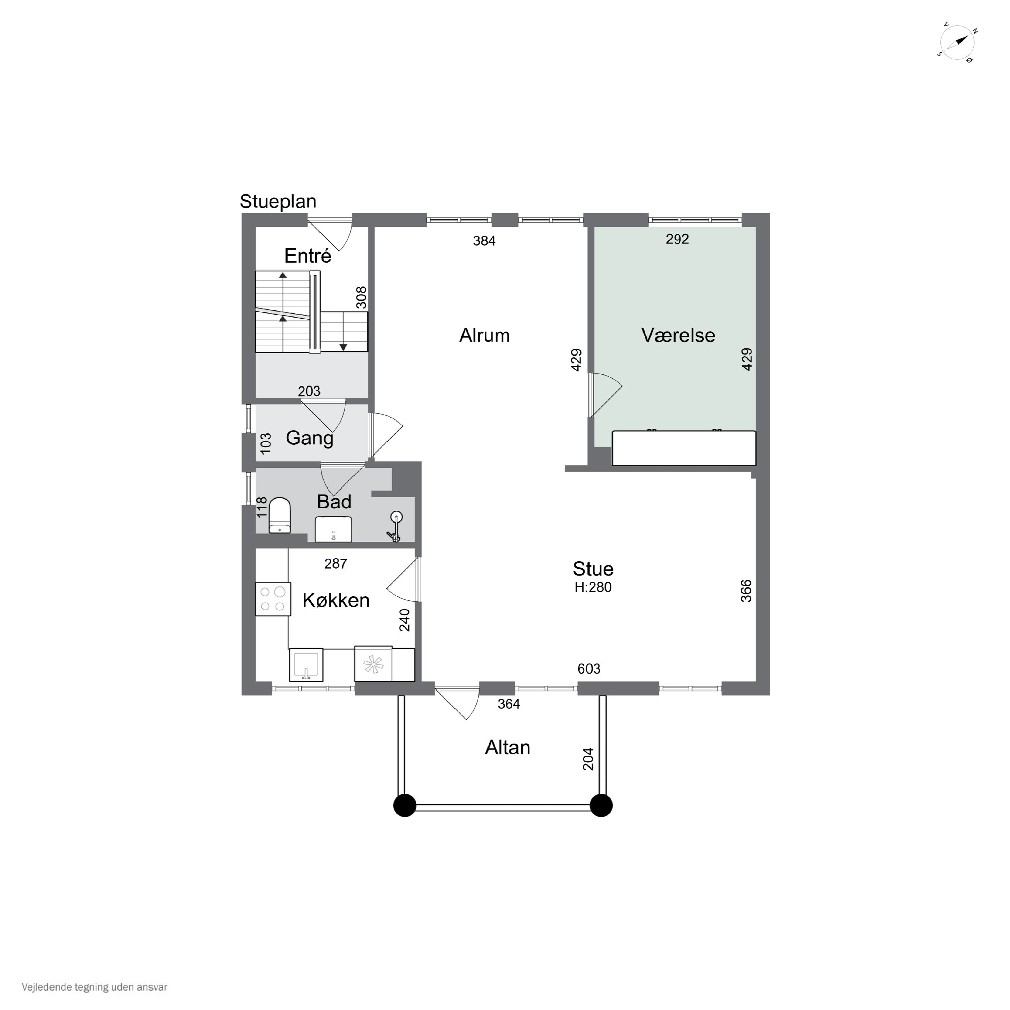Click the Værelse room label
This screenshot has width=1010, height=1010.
pos(678,335)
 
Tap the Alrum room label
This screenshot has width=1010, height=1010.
pos(484,335)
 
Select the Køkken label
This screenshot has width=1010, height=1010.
pos(336,600)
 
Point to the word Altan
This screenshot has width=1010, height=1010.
pos(507,747)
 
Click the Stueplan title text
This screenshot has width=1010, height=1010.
pos(278,202)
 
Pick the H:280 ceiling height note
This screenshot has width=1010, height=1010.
pos(593,587)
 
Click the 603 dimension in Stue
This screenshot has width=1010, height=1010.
pos(588,669)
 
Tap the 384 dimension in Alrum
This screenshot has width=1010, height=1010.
pos(484,241)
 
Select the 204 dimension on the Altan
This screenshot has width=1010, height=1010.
pos(588,760)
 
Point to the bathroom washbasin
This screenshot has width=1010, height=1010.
pos(334,529)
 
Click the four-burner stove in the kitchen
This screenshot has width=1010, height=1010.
pos(273,599)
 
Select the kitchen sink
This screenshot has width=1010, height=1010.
pos(306,665)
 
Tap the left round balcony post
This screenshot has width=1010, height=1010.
pos(405,806)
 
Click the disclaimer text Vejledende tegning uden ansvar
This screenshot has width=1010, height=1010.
pos(94,987)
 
